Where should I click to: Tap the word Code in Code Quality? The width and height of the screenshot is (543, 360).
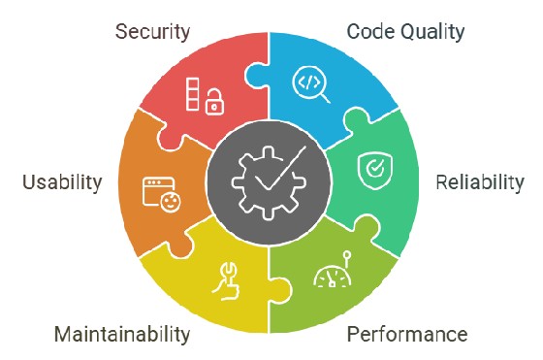[368, 31]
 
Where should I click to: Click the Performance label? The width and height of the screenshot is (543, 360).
[407, 335]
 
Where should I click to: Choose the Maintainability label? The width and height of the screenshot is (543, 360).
[122, 335]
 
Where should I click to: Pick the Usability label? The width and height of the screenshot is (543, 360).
[60, 181]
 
